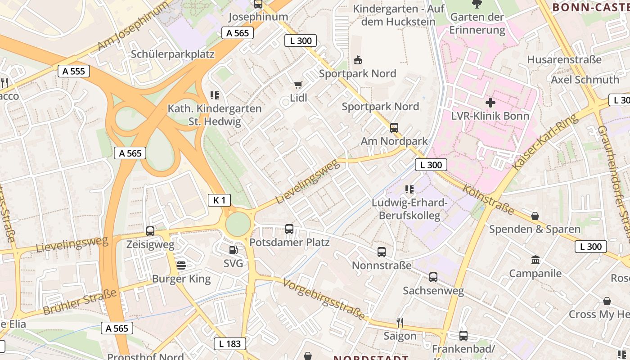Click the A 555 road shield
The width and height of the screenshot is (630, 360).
click(x=74, y=71)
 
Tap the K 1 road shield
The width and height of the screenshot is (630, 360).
click(x=219, y=200)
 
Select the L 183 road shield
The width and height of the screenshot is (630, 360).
click(x=230, y=344)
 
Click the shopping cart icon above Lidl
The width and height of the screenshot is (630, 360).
click(x=298, y=85)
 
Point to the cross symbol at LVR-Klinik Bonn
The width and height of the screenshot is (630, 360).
click(x=490, y=102)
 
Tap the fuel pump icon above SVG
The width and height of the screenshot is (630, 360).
click(x=233, y=250)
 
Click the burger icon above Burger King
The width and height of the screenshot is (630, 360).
click(x=181, y=265)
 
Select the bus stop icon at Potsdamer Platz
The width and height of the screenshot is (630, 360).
click(x=289, y=229)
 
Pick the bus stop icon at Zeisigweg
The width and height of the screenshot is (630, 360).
click(x=150, y=231)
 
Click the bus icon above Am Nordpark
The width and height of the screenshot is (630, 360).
click(x=394, y=128)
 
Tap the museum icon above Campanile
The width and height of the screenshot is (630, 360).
click(x=535, y=260)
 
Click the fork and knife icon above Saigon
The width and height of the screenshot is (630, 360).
click(x=400, y=322)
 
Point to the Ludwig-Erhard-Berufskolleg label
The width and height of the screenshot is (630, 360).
click(x=409, y=209)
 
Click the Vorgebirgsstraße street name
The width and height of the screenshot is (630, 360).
click(x=324, y=299)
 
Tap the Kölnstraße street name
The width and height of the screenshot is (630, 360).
click(x=488, y=200)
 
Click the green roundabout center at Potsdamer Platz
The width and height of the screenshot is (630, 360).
click(x=238, y=224)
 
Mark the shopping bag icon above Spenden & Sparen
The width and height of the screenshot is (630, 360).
click(x=535, y=216)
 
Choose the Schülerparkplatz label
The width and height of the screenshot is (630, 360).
click(x=173, y=54)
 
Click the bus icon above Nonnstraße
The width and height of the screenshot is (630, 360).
click(x=382, y=252)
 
